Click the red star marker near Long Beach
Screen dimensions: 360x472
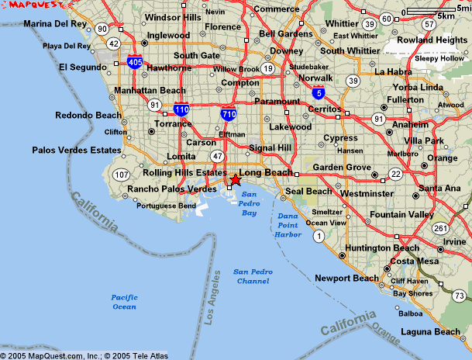click(236, 180)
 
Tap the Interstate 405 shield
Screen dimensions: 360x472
click(135, 62)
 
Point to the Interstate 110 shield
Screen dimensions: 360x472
click(181, 110)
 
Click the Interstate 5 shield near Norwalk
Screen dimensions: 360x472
click(319, 93)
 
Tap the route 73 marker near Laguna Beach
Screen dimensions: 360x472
click(459, 295)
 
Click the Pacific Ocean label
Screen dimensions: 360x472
click(123, 302)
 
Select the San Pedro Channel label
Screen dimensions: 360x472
click(251, 276)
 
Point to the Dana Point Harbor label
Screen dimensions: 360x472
click(288, 225)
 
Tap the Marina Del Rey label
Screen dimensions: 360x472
click(55, 24)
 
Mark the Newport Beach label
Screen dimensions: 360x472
click(346, 278)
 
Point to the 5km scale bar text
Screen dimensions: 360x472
click(446, 16)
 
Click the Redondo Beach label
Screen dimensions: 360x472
click(88, 116)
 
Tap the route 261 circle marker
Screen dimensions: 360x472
click(440, 228)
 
